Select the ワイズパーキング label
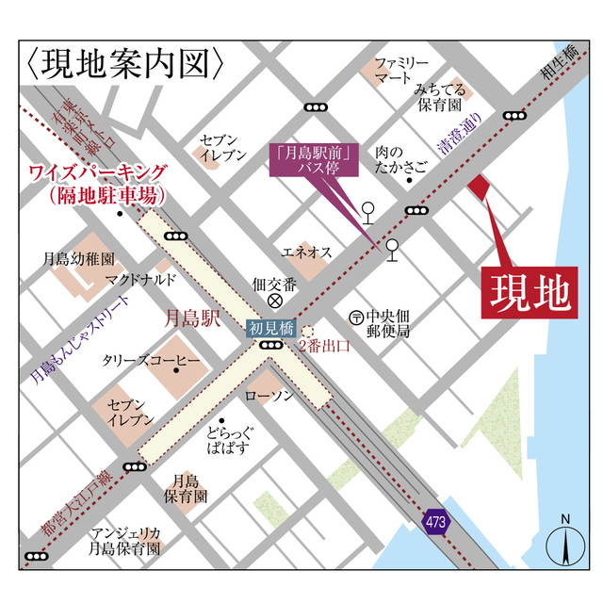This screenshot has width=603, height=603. pos(98,183)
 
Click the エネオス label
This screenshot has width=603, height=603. pos(307,252)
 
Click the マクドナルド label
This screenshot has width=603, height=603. pos(140,279)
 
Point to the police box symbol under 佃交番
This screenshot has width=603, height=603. pos(275,301)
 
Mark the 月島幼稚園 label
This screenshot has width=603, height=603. pos(78,257)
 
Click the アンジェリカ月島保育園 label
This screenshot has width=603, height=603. pos(123,539)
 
